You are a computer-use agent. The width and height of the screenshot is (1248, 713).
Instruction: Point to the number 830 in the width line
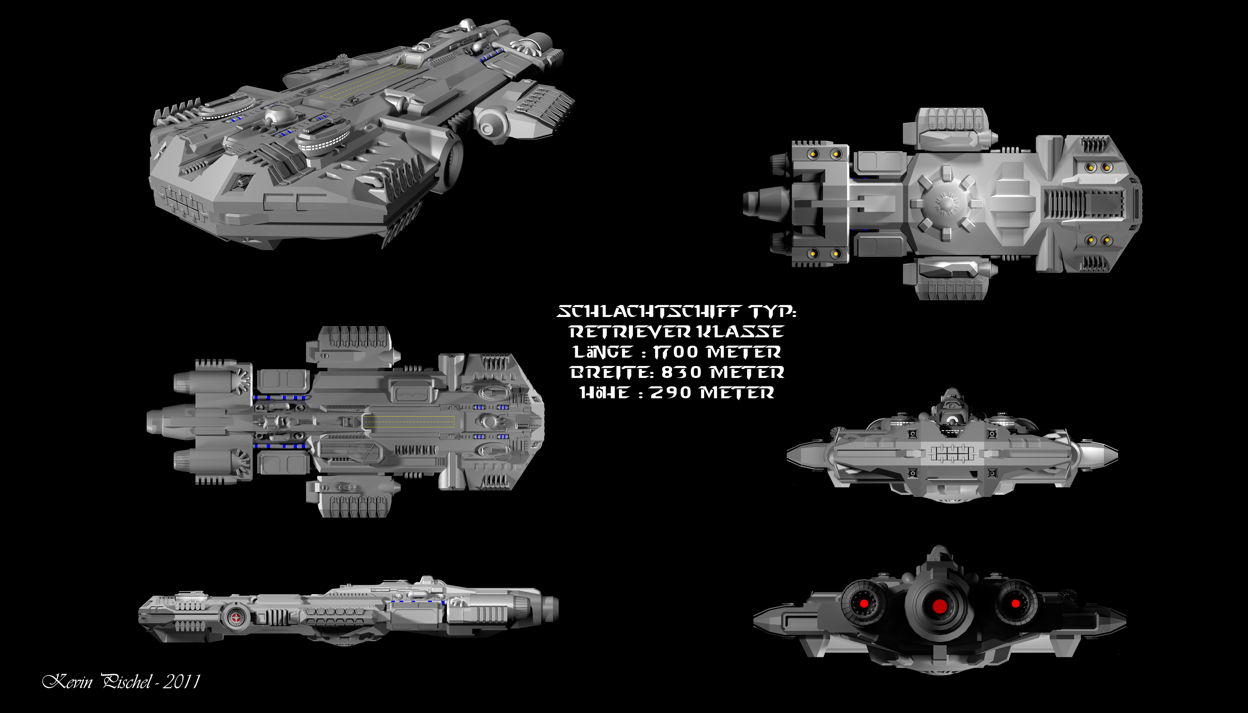tap(681, 372)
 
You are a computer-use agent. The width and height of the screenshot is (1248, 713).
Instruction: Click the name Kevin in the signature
tap(68, 681)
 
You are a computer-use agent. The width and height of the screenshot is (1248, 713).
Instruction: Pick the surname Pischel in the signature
tap(126, 681)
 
